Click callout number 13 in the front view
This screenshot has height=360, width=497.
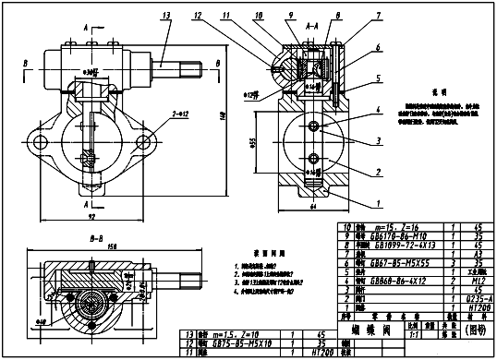click(x=165, y=16)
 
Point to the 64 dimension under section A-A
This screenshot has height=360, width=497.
click(x=313, y=209)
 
